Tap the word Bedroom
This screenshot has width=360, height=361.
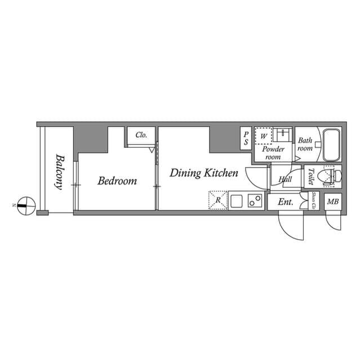tap(117, 181)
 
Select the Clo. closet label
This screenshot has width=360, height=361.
tap(141, 135)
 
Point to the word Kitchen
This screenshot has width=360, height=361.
tap(221, 173)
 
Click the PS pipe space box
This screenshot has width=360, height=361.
tap(246, 139)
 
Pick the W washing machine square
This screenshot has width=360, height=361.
tap(263, 136)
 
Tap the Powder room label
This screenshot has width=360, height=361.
tap(273, 153)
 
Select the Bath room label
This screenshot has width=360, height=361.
tap(305, 144)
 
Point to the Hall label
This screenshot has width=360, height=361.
tap(285, 180)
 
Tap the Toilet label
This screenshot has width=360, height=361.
tap(310, 177)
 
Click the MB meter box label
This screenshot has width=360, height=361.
tap(333, 201)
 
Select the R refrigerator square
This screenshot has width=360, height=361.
tap(217, 200)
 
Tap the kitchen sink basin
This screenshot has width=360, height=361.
tap(236, 200)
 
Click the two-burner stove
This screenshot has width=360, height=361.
tap(255, 200)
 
